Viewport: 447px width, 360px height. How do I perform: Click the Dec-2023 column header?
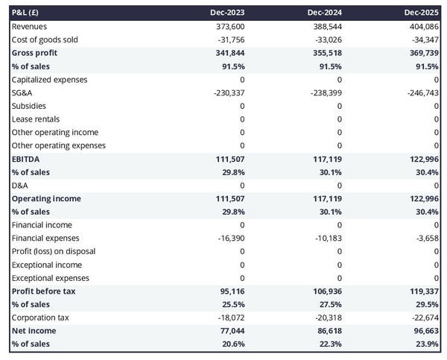point(228,13)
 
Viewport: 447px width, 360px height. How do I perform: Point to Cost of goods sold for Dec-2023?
point(229,40)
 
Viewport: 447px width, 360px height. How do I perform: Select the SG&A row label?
point(23,92)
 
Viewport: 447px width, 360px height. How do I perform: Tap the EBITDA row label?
point(26,159)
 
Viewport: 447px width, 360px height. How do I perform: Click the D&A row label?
point(21,186)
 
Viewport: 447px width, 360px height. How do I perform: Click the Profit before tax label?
point(43,291)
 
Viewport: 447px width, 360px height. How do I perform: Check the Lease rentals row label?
point(36,119)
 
